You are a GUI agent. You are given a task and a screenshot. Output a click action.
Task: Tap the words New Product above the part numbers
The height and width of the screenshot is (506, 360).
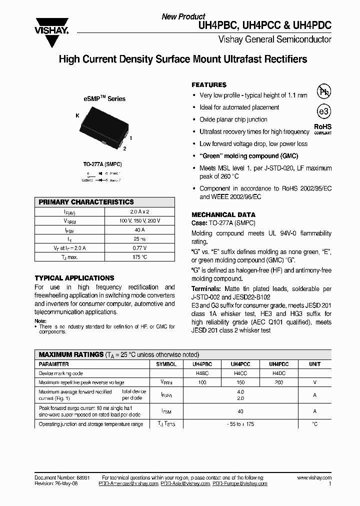coord(183,16)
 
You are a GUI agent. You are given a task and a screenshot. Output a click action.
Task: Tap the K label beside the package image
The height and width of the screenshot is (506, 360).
coord(77,115)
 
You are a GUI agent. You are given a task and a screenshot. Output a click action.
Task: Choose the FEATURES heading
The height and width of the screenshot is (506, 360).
coord(209,85)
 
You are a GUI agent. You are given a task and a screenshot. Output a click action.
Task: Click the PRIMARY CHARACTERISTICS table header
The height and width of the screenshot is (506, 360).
coord(86,202)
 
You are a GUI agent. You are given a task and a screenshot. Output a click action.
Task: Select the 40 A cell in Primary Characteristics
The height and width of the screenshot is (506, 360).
coord(139,229)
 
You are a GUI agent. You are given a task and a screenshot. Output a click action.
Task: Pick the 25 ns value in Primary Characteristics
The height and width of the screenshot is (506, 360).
coord(139,238)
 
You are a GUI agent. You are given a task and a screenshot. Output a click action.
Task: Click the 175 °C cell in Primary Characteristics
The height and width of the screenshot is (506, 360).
coord(139,256)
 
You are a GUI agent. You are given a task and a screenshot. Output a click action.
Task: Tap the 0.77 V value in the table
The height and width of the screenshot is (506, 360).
coord(139,247)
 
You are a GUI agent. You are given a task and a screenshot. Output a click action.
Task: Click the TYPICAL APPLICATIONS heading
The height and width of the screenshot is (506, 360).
coord(74,278)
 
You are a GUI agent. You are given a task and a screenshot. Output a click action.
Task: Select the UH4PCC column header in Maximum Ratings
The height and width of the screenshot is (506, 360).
coord(240,364)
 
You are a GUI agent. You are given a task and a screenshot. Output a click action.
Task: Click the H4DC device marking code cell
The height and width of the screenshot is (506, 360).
coord(279,373)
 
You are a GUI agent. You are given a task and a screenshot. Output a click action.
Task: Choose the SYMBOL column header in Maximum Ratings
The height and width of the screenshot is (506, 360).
coord(166,364)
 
